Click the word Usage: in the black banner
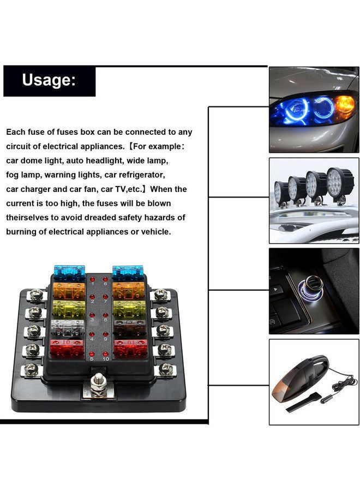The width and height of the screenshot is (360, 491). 49,80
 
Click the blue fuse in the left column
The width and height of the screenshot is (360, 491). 69,272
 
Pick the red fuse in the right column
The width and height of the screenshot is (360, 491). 130,348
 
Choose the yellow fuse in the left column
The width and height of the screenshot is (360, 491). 69,309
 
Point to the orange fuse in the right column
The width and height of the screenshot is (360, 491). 128,289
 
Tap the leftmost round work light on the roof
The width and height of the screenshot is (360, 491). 281,191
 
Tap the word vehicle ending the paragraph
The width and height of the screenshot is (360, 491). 154,231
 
